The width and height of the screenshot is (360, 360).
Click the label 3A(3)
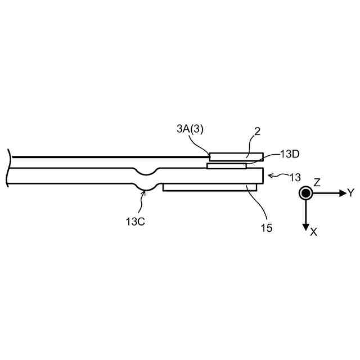(190, 129)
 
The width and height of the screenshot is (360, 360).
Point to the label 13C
(135, 222)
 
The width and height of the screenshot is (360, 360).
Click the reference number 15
(266, 228)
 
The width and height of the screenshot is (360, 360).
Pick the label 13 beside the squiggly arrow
(294, 177)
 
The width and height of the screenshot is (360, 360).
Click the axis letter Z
(317, 182)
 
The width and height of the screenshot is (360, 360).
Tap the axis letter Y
(350, 193)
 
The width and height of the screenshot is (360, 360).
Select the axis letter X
(313, 231)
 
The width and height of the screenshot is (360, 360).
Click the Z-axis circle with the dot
(305, 193)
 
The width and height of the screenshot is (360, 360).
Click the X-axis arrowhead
(305, 226)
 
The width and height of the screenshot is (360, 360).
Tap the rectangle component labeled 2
(236, 156)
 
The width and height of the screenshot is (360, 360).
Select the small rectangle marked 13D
(227, 166)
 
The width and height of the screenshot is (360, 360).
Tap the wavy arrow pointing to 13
(276, 176)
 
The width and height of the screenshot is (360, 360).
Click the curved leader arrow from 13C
(143, 200)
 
